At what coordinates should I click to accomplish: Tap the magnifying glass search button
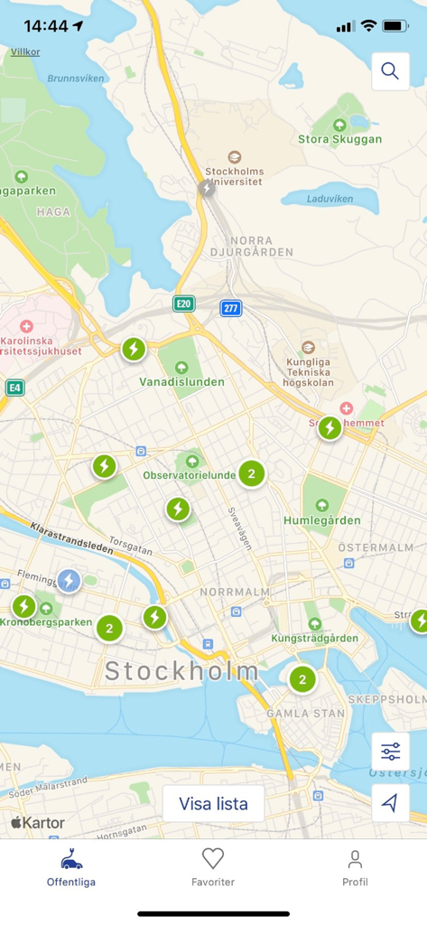point(390,71)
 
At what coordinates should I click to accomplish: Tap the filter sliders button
point(390,752)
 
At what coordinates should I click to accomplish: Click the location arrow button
point(390,802)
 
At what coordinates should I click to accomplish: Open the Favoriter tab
point(213,866)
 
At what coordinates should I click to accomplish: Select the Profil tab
point(355,866)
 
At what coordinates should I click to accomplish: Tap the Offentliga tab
point(71,866)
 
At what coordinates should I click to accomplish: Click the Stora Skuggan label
point(339,139)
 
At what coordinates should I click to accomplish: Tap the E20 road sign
point(184,304)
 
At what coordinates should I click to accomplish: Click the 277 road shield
point(231,309)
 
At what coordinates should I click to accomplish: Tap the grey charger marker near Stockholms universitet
point(208,189)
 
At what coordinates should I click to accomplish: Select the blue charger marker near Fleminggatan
point(69,581)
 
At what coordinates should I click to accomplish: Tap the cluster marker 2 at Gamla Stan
point(302,679)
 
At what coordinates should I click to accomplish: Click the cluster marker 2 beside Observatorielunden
point(252,473)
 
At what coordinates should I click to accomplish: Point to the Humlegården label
point(321,520)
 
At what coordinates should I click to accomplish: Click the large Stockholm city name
point(181,671)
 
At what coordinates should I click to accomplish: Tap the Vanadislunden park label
point(181,381)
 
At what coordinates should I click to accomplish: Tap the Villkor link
point(25,52)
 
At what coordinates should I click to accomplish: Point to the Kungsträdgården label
point(314,638)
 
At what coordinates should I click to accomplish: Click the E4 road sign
point(14,388)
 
